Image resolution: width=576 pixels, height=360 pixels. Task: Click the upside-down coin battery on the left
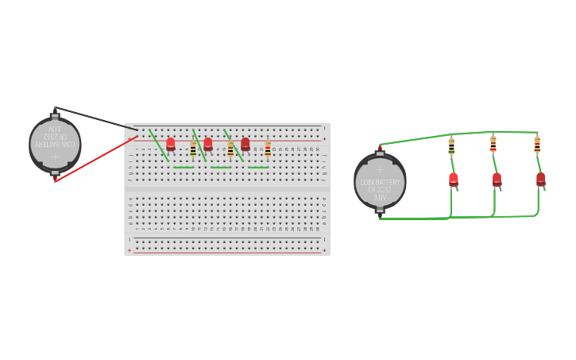click(55, 145)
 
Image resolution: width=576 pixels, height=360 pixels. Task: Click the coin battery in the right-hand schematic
click(380, 182)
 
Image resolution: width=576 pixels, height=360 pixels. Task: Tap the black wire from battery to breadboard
click(95, 118)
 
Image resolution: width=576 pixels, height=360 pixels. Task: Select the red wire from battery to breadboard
click(95, 157)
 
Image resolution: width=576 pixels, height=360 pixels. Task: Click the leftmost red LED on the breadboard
click(171, 144)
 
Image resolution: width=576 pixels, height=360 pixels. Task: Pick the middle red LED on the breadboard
click(208, 144)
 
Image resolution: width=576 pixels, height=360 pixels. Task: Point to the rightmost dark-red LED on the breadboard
click(245, 144)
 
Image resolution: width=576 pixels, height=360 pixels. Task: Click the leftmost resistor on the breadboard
click(193, 149)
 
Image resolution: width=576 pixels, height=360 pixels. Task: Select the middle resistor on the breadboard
click(230, 149)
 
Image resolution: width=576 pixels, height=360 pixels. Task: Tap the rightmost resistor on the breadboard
click(268, 149)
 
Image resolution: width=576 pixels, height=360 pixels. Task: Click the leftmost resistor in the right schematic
click(451, 147)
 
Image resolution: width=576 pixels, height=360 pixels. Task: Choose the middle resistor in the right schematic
click(493, 145)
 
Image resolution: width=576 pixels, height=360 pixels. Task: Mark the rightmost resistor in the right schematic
click(537, 145)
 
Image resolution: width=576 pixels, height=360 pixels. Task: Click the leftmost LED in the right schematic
click(454, 180)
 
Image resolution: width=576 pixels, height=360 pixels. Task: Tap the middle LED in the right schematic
click(497, 180)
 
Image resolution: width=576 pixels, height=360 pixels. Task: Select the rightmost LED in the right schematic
click(541, 179)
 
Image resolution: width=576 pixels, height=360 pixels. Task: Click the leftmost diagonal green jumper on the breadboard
click(159, 145)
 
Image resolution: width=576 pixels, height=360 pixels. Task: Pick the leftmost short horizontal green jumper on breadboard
click(184, 168)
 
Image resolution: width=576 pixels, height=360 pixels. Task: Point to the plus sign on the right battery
click(380, 168)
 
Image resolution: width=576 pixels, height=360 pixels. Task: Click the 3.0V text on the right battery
click(380, 196)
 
